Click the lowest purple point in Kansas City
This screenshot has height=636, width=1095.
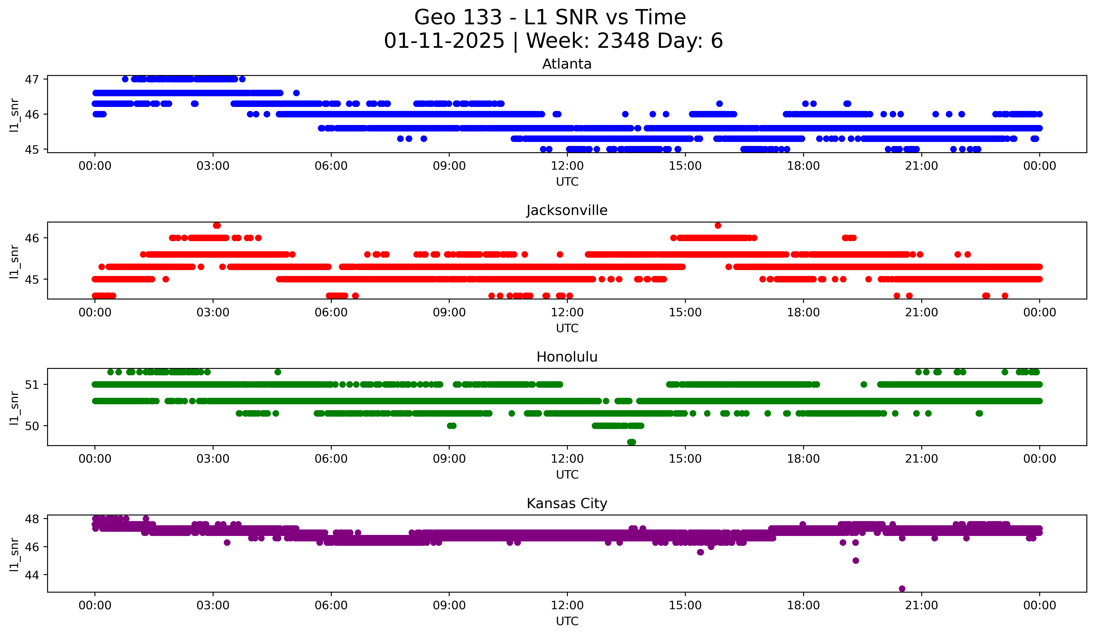point(902,589)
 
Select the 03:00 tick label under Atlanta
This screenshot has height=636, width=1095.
point(213,166)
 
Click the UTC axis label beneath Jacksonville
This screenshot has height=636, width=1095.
point(567,328)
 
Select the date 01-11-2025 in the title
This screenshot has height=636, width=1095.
point(444,41)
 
